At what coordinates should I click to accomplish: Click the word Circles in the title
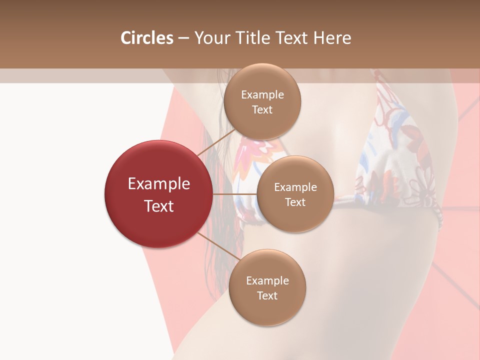point(147,38)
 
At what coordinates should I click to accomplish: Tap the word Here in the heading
point(332,38)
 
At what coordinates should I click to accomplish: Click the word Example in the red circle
point(159,184)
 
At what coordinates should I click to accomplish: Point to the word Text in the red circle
point(159,206)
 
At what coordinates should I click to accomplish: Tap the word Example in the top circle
point(262,95)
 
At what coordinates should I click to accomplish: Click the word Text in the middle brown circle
point(295,202)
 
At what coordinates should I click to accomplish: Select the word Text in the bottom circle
point(267,296)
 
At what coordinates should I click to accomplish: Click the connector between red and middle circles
point(235,194)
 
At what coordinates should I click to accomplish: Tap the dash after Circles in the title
point(183,38)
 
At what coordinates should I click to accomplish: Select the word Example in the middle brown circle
point(295,187)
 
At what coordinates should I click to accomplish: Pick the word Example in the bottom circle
point(267,281)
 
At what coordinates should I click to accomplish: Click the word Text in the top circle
point(262,110)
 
